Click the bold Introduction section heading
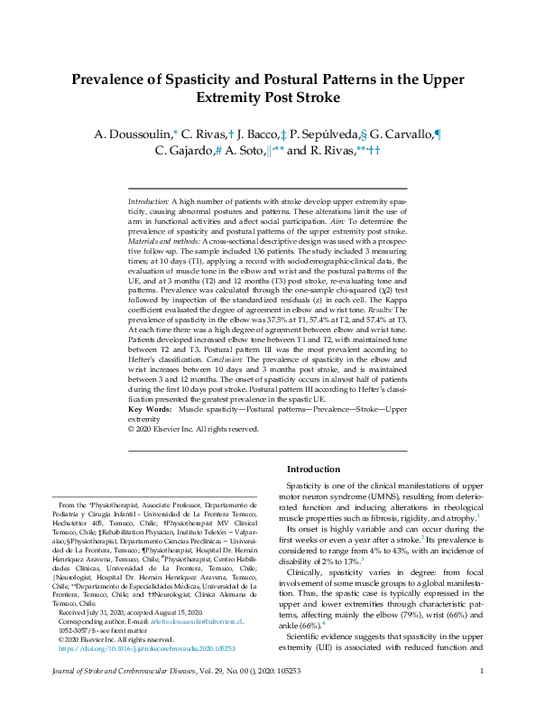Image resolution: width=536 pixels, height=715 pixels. tap(313, 469)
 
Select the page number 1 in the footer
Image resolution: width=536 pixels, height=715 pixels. tap(482, 696)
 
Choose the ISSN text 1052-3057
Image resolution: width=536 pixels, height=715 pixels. tap(75, 605)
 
